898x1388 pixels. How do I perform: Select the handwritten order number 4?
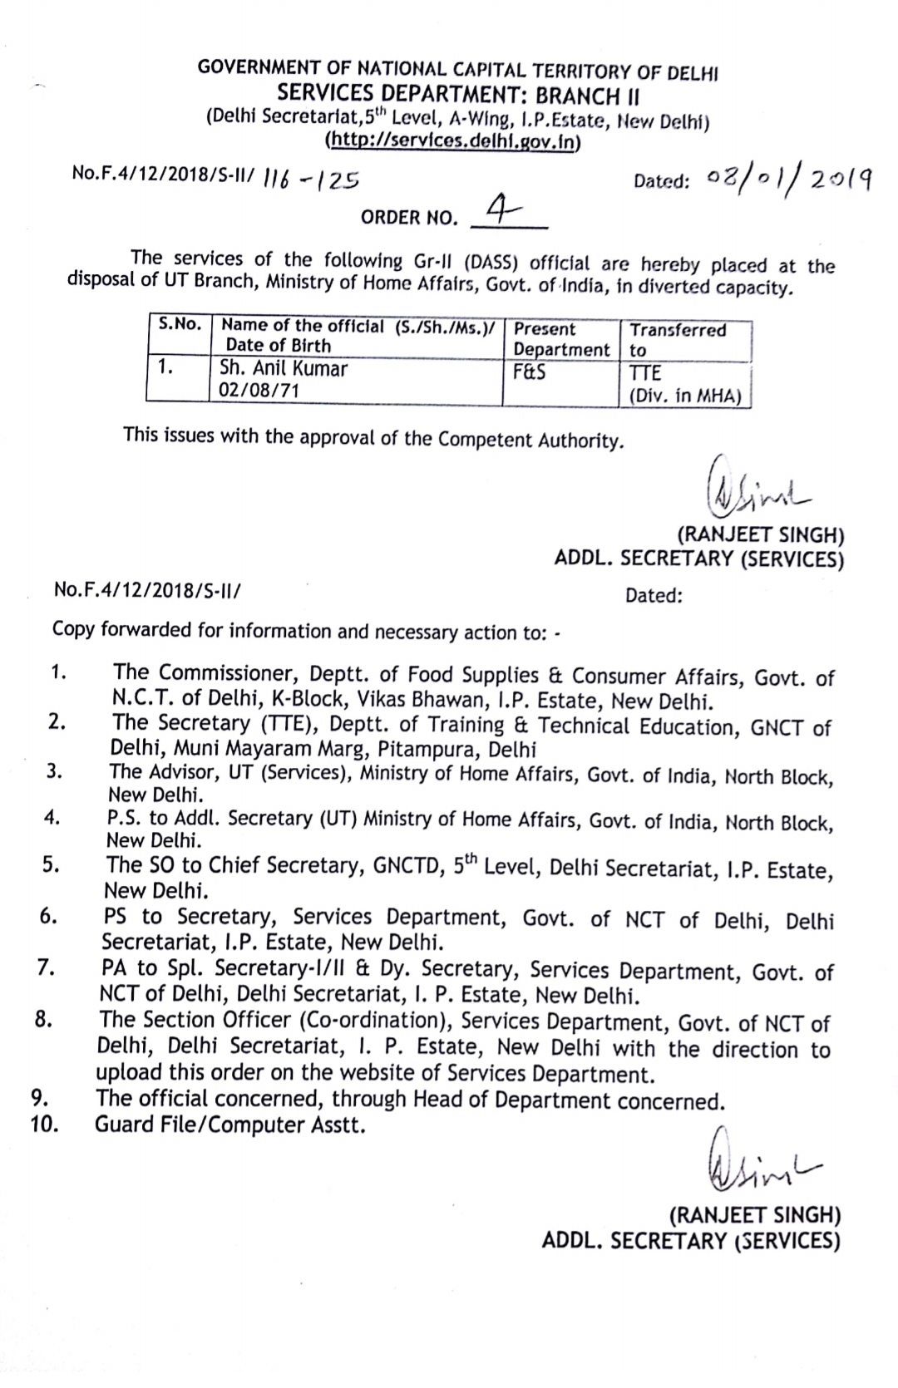tap(498, 209)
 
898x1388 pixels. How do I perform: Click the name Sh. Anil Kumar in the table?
tap(284, 368)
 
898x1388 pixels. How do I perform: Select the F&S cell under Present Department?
tap(530, 372)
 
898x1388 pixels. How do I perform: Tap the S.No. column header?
tap(180, 324)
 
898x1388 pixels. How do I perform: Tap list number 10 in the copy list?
tap(44, 1125)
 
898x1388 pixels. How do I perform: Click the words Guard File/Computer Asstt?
tap(229, 1125)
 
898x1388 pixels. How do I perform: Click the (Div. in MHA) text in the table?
tap(684, 396)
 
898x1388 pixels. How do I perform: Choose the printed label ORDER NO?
tap(409, 218)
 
